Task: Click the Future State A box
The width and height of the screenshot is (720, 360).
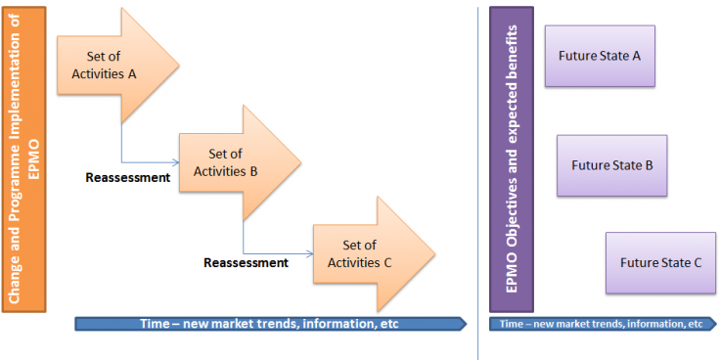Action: pyautogui.click(x=599, y=55)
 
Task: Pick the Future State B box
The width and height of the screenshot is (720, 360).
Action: pyautogui.click(x=611, y=165)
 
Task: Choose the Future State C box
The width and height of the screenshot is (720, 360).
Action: pyautogui.click(x=660, y=262)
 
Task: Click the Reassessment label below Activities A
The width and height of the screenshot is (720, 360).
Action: pyautogui.click(x=127, y=178)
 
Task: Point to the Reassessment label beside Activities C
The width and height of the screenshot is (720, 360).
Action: pyautogui.click(x=246, y=262)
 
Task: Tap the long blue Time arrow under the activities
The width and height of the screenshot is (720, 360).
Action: pyautogui.click(x=269, y=324)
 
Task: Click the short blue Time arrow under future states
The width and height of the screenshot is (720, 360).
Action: pyautogui.click(x=601, y=324)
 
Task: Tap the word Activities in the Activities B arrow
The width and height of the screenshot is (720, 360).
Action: pyautogui.click(x=220, y=171)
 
